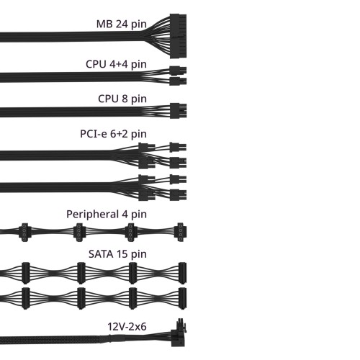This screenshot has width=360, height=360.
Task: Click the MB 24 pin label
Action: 121,24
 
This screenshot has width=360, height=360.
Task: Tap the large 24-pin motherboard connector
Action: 178,36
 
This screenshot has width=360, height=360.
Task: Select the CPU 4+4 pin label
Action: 116,65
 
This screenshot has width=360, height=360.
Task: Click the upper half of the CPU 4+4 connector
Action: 178,71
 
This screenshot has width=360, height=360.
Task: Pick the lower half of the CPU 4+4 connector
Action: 178,81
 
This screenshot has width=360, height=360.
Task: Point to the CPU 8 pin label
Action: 122,99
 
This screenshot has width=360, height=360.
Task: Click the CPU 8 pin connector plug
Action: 178,111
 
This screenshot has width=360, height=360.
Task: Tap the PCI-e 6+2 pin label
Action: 113,134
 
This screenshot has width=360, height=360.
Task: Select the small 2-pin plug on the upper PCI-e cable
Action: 178,147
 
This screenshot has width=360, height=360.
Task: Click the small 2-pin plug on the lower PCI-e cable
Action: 178,179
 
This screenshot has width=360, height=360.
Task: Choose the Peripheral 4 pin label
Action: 107,215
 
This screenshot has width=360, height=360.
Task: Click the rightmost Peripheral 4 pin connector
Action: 181,232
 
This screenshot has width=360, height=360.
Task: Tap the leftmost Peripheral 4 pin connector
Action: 24,233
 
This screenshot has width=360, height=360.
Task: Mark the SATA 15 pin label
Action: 117,254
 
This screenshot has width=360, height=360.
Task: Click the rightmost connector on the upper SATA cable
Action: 182,273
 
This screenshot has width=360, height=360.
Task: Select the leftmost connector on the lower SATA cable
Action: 26,298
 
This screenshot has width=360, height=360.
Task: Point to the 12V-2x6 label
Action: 127,327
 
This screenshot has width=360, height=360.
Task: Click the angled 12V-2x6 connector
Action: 179,333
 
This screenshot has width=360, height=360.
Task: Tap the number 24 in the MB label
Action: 122,24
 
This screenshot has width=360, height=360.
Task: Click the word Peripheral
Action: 93,215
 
